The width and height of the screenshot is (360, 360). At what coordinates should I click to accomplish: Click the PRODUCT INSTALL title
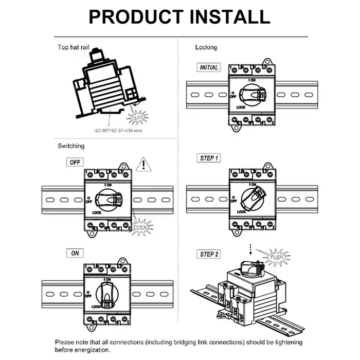[179, 16]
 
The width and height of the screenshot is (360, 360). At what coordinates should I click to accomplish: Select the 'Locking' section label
[206, 47]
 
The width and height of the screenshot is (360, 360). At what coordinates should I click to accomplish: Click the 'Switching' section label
[70, 146]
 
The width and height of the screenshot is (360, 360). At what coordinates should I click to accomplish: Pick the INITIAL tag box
[209, 67]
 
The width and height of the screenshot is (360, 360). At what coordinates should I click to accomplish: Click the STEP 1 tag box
[209, 158]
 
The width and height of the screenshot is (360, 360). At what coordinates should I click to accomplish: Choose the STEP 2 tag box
[209, 254]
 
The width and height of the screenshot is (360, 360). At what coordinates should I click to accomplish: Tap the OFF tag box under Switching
[76, 161]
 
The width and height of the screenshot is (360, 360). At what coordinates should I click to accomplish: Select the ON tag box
[76, 253]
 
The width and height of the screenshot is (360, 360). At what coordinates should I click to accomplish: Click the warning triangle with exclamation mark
[143, 165]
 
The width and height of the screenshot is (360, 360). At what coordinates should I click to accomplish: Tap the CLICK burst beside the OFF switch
[140, 227]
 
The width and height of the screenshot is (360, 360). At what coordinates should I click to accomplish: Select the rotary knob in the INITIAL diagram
[254, 94]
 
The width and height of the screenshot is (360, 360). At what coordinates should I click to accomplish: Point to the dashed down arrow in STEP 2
[250, 249]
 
